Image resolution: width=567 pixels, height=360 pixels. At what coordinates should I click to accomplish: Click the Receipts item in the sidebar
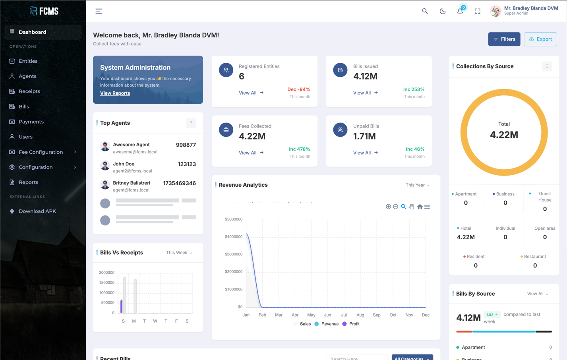click(x=29, y=91)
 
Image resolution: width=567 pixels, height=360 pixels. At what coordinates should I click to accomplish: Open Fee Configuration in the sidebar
click(x=41, y=152)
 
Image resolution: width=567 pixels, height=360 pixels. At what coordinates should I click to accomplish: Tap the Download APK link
click(x=37, y=211)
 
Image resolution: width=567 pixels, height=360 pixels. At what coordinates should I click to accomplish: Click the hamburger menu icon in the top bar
click(x=99, y=11)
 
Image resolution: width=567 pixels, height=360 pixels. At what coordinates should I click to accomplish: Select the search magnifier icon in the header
click(x=425, y=11)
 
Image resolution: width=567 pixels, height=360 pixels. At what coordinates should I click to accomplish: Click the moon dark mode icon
click(x=442, y=11)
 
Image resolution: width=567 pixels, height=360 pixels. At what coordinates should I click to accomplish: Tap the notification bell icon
click(x=460, y=11)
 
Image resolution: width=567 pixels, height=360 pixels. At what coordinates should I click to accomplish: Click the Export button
click(x=540, y=39)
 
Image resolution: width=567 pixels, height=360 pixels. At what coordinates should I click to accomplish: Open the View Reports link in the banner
click(x=115, y=93)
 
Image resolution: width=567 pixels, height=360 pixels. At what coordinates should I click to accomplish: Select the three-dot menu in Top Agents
click(x=191, y=123)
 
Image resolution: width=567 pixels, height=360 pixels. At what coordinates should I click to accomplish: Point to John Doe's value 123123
click(x=186, y=164)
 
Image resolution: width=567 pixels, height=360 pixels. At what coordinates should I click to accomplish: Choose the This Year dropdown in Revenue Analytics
click(x=417, y=185)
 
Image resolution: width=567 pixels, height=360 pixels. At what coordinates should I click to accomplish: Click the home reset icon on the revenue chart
click(x=420, y=207)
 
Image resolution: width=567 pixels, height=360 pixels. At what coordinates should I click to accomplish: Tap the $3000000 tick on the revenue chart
click(x=233, y=254)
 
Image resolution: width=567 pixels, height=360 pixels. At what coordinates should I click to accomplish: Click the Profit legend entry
click(x=354, y=324)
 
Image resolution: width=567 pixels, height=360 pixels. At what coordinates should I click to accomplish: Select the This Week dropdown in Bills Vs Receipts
click(x=179, y=253)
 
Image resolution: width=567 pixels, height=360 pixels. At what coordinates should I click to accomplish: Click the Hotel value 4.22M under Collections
click(x=466, y=237)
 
